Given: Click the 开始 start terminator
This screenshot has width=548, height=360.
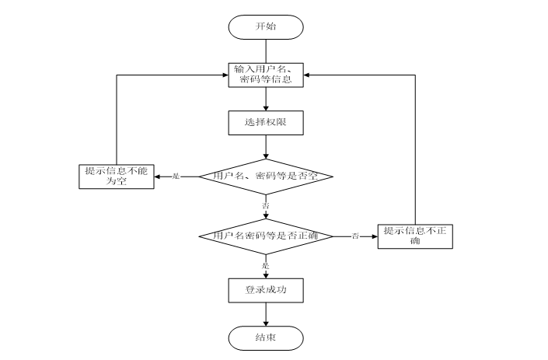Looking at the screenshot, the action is click(x=266, y=27).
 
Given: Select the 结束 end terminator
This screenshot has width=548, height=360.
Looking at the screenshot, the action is click(x=266, y=338).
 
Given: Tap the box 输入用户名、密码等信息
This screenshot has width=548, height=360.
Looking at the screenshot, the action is click(x=266, y=75).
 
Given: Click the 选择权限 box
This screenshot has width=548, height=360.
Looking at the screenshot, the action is click(x=266, y=123).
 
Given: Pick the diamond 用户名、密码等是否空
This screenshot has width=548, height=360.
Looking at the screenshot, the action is click(x=266, y=177).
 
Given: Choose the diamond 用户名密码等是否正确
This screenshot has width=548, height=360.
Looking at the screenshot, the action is click(x=266, y=236).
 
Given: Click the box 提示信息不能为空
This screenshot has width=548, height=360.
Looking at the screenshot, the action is click(x=117, y=177).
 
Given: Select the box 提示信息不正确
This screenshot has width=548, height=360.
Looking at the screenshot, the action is click(x=415, y=236).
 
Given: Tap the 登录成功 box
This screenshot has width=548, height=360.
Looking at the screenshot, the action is click(x=266, y=291).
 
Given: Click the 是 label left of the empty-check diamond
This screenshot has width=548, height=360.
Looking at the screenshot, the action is click(x=176, y=177).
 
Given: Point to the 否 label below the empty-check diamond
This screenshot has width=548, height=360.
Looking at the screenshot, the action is click(x=266, y=205).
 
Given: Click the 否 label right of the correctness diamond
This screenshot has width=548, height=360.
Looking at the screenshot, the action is click(x=355, y=236).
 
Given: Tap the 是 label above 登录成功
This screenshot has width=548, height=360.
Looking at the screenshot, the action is click(x=266, y=266).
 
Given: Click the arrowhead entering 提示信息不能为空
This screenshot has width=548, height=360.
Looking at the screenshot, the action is click(x=157, y=177).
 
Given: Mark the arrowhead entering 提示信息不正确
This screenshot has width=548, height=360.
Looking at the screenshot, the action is click(x=375, y=236).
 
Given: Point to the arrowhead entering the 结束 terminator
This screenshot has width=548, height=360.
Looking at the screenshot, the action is click(x=266, y=323).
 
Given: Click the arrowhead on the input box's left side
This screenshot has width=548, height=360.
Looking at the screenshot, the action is click(x=225, y=75).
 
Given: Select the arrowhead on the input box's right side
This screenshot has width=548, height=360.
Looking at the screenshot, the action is click(x=306, y=75).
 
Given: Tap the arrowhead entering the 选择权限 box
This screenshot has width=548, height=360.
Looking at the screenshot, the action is click(x=266, y=108).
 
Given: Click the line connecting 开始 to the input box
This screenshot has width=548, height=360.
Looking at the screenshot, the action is click(x=266, y=51).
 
